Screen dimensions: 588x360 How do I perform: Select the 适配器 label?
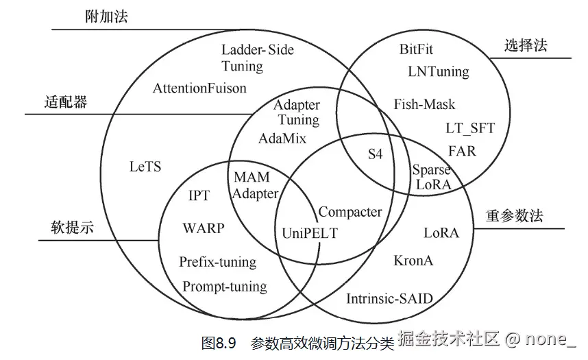tap(66, 102)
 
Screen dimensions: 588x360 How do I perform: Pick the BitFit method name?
tap(416, 49)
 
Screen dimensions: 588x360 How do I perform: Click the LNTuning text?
tap(438, 71)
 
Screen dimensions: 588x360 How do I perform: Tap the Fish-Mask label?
tap(424, 104)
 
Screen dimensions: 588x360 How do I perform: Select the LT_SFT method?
tap(469, 128)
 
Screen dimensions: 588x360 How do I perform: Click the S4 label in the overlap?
tap(375, 154)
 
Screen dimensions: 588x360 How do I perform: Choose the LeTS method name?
tap(145, 166)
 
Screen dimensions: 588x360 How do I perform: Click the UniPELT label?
tap(310, 232)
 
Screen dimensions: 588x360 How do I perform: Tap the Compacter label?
tap(350, 212)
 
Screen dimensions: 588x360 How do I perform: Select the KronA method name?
tap(413, 261)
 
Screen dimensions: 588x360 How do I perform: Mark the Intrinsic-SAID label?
tap(389, 298)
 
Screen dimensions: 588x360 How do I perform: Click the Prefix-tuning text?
tap(217, 262)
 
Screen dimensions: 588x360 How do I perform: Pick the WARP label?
tap(203, 228)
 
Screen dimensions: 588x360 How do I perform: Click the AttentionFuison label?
tap(199, 88)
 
